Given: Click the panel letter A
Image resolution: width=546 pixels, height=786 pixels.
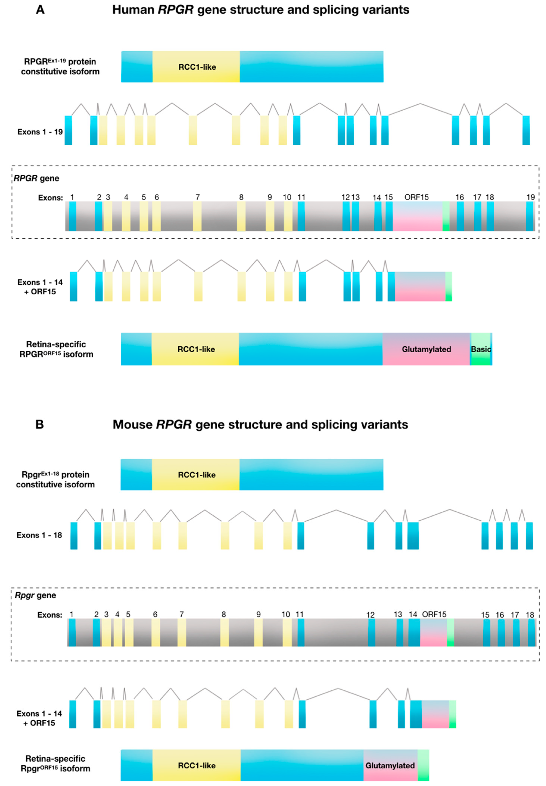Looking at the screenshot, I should tap(40, 10).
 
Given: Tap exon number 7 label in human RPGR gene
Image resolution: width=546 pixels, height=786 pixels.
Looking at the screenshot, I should tap(197, 197).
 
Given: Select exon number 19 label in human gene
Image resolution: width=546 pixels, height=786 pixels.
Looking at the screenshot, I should tap(530, 197).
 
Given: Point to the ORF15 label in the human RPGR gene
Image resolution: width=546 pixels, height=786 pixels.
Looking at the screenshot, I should tap(416, 197).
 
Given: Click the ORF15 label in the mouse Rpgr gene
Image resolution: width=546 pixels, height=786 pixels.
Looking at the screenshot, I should tap(434, 614).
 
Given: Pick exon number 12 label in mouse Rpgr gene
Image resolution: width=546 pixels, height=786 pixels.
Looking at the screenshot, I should tap(370, 615).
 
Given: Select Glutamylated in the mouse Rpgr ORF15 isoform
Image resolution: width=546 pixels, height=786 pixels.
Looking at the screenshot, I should tap(390, 766).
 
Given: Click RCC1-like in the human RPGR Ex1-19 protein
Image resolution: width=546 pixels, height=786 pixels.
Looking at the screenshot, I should tap(197, 67).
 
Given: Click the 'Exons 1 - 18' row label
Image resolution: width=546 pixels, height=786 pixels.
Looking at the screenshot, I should tap(39, 535).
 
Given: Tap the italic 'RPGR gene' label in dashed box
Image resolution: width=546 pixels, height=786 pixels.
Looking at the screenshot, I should tap(36, 178).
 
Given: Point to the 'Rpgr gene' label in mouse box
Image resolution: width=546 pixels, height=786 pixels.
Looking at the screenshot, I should tap(35, 595).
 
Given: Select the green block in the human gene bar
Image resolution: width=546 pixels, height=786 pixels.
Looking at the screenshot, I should tap(446, 216).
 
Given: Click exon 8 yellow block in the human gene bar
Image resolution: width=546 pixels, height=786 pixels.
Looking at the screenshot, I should tap(241, 216).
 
